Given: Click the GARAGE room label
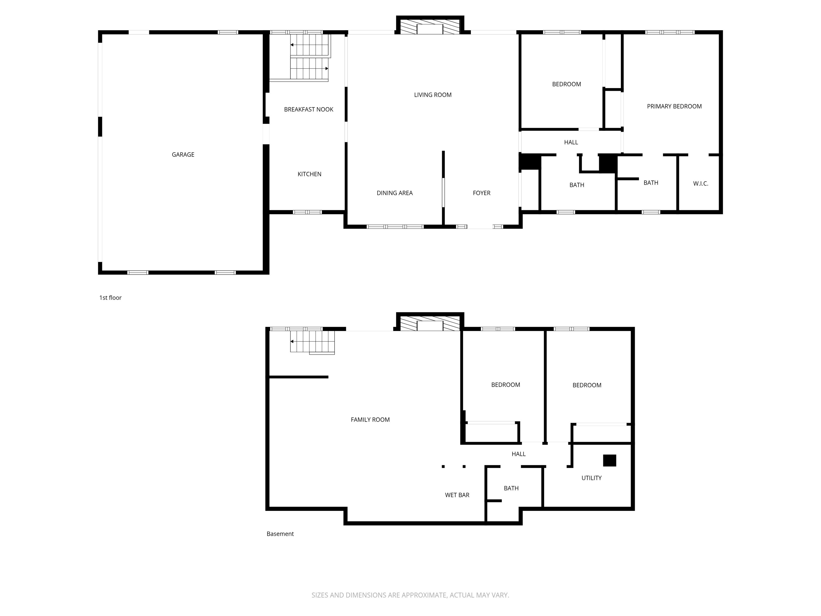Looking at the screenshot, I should pyautogui.click(x=183, y=155).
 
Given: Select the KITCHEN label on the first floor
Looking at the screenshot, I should pyautogui.click(x=309, y=174).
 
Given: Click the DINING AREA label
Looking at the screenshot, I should pyautogui.click(x=394, y=193).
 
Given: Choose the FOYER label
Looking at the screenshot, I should pyautogui.click(x=481, y=193).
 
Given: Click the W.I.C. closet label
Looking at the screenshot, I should pyautogui.click(x=700, y=184).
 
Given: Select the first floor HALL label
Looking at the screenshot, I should pyautogui.click(x=571, y=142).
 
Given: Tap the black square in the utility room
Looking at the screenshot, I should pyautogui.click(x=609, y=460).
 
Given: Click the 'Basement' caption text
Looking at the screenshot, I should pyautogui.click(x=280, y=534).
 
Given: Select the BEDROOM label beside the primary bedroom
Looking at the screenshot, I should pyautogui.click(x=566, y=84).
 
